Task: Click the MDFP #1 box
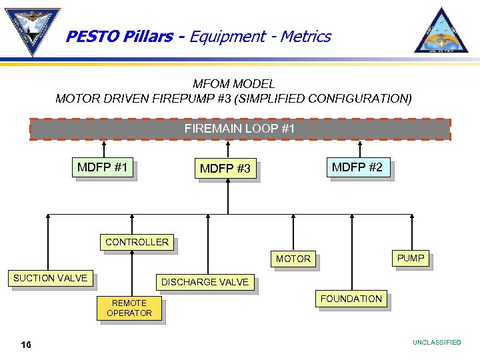103,167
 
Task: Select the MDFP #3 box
225,169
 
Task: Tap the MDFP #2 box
357,167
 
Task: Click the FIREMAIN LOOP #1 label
239,128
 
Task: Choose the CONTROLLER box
137,242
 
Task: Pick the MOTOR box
293,259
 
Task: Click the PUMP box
411,258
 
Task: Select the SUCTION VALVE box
51,278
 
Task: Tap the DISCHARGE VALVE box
205,282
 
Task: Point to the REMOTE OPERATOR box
129,308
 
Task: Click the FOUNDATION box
351,299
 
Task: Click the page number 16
26,344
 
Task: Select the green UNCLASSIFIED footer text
437,343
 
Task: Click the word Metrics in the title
305,37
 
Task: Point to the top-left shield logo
32,31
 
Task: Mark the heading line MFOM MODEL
233,84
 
